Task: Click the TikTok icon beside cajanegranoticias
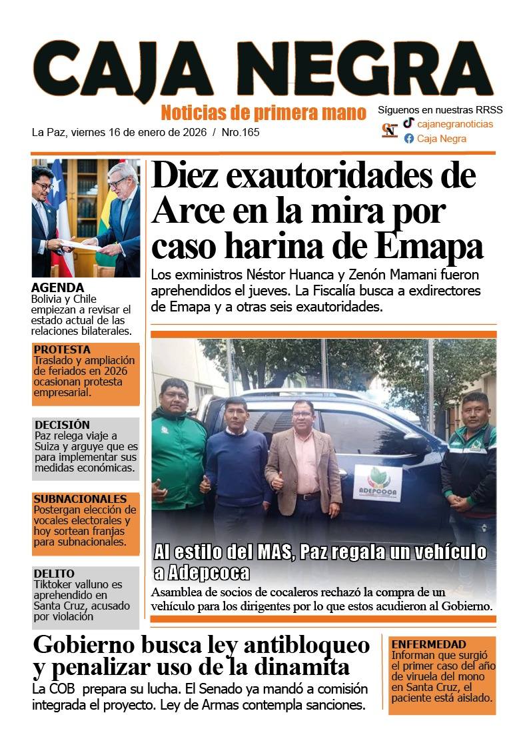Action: (408, 123)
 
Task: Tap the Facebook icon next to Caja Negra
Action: (409, 139)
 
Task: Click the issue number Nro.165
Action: (240, 132)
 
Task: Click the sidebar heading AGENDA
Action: (57, 287)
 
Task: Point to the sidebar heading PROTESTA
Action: (62, 349)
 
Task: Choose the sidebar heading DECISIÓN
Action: (62, 424)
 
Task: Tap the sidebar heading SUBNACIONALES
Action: (80, 499)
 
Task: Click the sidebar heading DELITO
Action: (54, 574)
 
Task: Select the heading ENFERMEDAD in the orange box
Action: (428, 644)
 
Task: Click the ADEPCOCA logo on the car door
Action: (377, 482)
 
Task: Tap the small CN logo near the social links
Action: (390, 130)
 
